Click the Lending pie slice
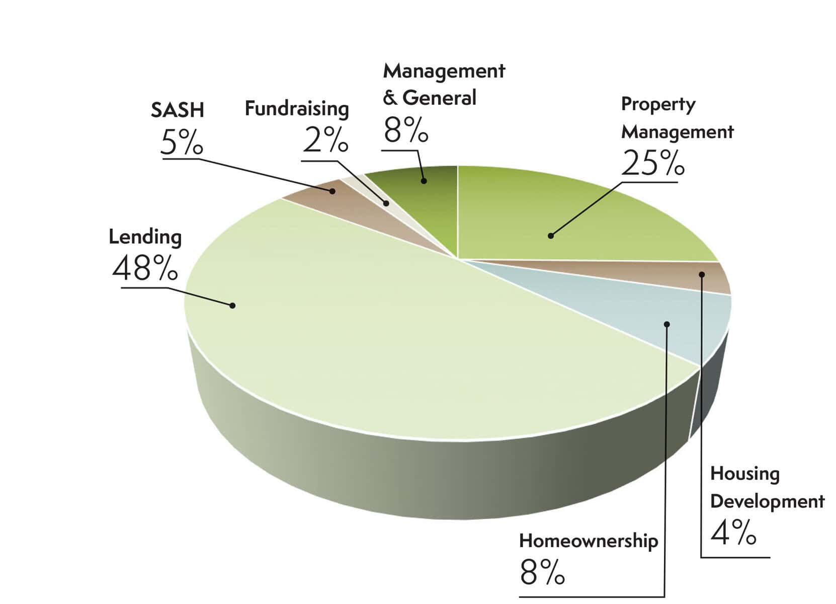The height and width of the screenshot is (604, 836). [x=352, y=327]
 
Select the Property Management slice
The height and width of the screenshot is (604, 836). [x=578, y=216]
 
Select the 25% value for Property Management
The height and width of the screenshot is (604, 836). [x=652, y=163]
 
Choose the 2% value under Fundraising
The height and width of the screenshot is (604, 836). [x=325, y=139]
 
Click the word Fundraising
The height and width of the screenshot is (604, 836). [x=296, y=109]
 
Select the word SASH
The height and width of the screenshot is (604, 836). [x=177, y=110]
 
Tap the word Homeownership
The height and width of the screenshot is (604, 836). [x=588, y=541]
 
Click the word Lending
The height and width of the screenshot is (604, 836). [x=145, y=237]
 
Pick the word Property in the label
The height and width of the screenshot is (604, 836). [x=658, y=105]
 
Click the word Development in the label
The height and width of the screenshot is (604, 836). [x=767, y=502]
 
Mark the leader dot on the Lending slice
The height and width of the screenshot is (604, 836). [x=232, y=305]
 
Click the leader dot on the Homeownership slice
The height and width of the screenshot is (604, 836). [x=667, y=324]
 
